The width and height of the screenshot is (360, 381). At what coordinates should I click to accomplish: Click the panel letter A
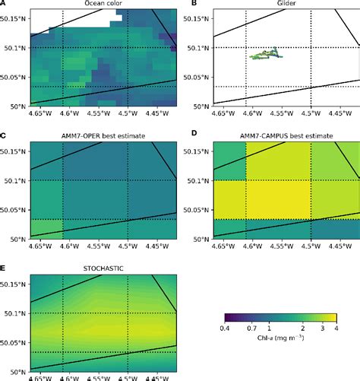pos(4,4)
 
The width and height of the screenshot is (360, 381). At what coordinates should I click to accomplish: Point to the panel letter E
pos(4,268)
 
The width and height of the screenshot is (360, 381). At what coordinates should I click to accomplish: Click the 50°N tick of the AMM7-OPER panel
pos(17,239)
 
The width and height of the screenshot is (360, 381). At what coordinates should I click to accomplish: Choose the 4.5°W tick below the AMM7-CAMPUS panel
pos(311,246)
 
